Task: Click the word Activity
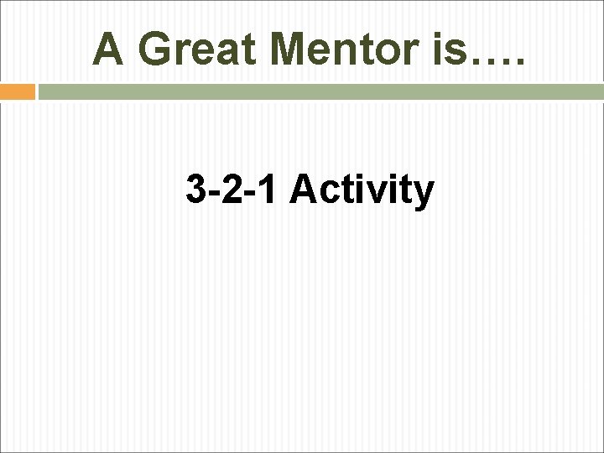click(362, 191)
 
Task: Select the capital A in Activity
click(303, 190)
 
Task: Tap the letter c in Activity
click(329, 194)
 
